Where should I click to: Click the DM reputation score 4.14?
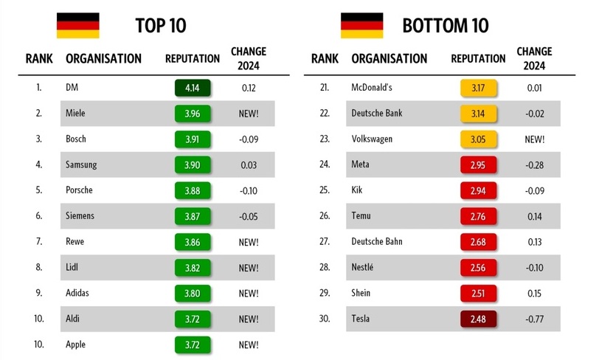193,88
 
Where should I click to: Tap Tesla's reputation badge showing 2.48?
478,319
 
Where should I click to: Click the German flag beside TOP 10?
78,25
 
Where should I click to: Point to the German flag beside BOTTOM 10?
361,25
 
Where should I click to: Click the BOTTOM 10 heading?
445,26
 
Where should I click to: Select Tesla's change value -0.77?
534,319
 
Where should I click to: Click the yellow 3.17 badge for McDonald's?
478,88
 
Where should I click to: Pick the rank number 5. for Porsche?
39,190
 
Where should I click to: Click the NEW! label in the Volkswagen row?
534,139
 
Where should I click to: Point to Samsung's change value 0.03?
249,165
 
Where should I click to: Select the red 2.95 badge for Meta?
478,165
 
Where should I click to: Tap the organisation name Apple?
77,344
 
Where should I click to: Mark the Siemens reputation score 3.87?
193,216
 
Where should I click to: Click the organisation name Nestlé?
363,267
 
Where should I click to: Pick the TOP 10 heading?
161,26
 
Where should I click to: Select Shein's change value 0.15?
534,293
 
